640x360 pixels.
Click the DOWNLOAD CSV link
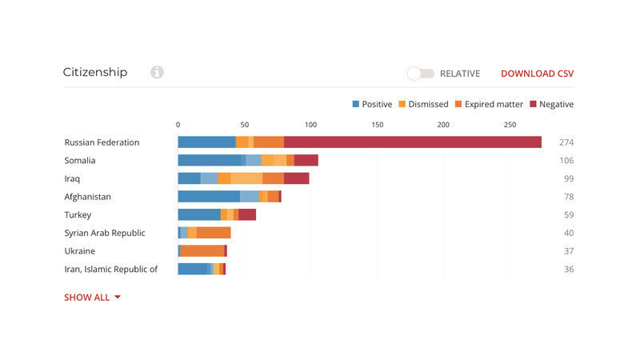pyautogui.click(x=537, y=74)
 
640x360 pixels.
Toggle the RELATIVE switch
pyautogui.click(x=421, y=74)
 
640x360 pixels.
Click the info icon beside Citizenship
pyautogui.click(x=157, y=73)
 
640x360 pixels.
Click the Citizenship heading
pyautogui.click(x=95, y=72)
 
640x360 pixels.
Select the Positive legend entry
pyautogui.click(x=372, y=104)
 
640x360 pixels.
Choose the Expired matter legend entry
pyautogui.click(x=488, y=104)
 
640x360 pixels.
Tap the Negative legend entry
pyautogui.click(x=551, y=104)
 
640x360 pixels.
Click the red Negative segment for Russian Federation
pyautogui.click(x=412, y=142)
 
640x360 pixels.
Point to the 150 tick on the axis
pyautogui.click(x=378, y=124)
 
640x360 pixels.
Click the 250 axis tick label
pyautogui.click(x=510, y=124)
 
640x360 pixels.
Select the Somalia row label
pyautogui.click(x=80, y=160)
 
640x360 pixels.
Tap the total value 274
pyautogui.click(x=566, y=142)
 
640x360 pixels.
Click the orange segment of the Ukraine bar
pyautogui.click(x=202, y=251)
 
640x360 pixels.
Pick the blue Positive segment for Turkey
pyautogui.click(x=198, y=214)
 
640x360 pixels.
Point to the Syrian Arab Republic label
pyautogui.click(x=105, y=233)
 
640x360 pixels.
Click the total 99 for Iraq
pyautogui.click(x=566, y=178)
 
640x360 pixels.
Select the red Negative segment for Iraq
pyautogui.click(x=296, y=178)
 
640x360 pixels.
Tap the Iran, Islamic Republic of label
pyautogui.click(x=110, y=270)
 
